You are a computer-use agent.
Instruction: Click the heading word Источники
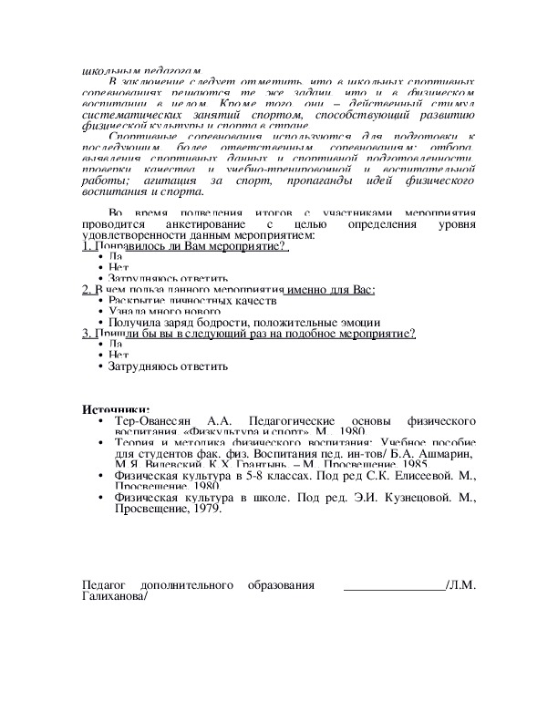coord(116,410)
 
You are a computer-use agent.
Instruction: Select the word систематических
coord(129,115)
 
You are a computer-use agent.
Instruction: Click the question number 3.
coord(84,334)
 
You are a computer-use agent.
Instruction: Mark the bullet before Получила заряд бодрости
coord(100,323)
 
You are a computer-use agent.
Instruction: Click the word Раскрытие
coord(135,300)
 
